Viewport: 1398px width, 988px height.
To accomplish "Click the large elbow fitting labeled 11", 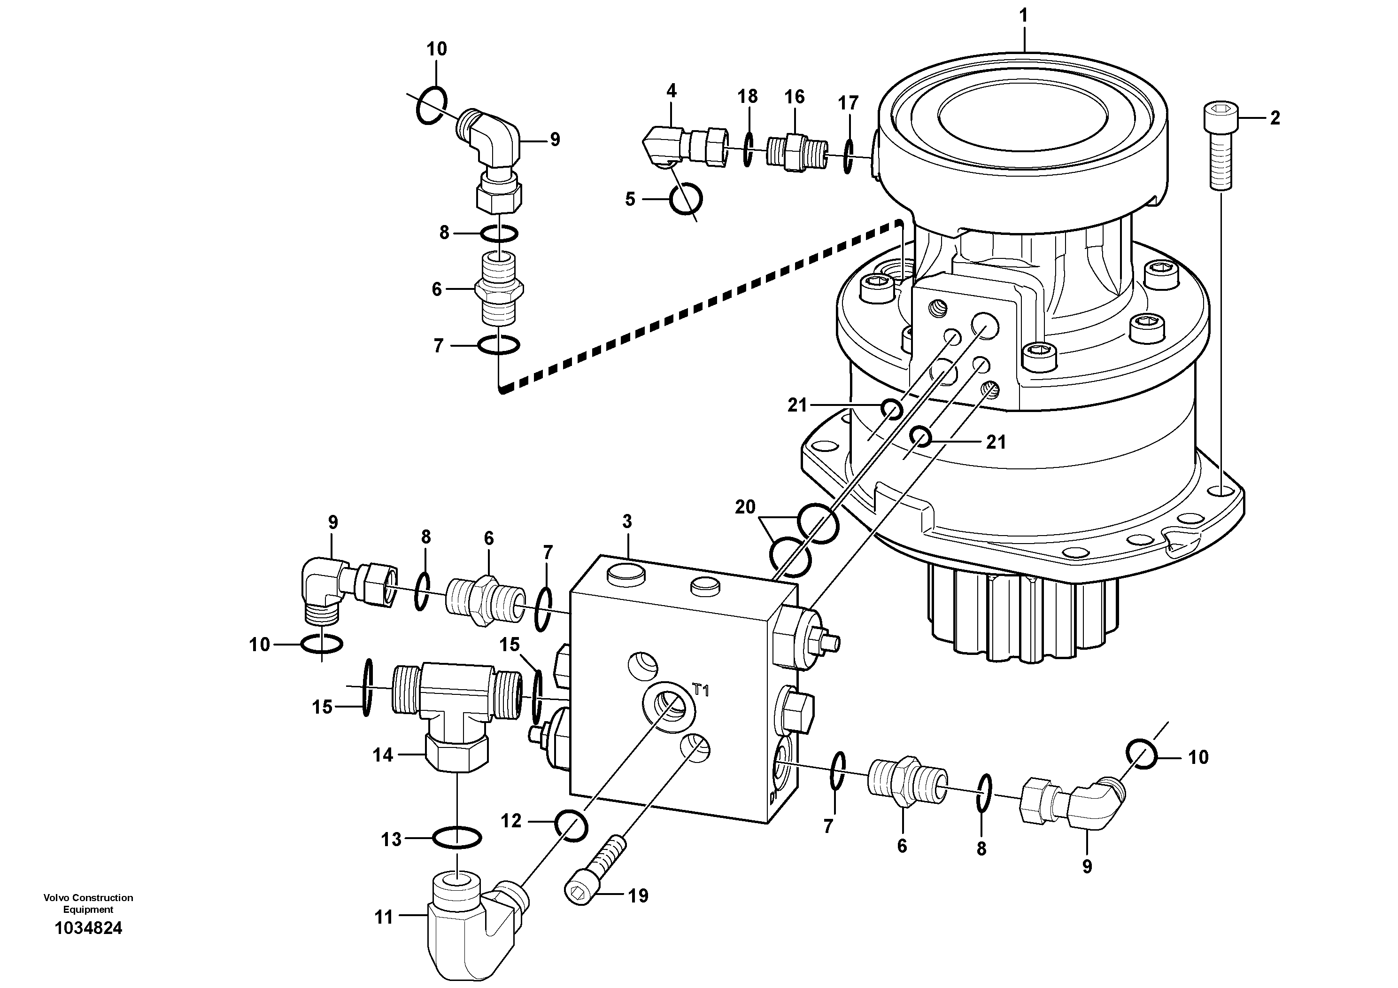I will click(x=469, y=926).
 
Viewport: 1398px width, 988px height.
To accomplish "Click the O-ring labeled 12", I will click(x=571, y=825).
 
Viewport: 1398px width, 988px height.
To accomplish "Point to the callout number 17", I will click(x=848, y=103).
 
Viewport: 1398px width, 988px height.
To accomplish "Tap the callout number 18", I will click(x=748, y=96).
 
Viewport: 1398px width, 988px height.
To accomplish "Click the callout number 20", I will click(x=745, y=507).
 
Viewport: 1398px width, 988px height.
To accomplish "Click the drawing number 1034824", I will click(x=88, y=928).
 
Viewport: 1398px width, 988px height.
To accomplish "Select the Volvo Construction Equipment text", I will click(x=88, y=903).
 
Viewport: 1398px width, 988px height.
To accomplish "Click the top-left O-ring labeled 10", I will click(x=432, y=105).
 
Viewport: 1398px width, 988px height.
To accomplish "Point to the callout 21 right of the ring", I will click(x=996, y=442).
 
